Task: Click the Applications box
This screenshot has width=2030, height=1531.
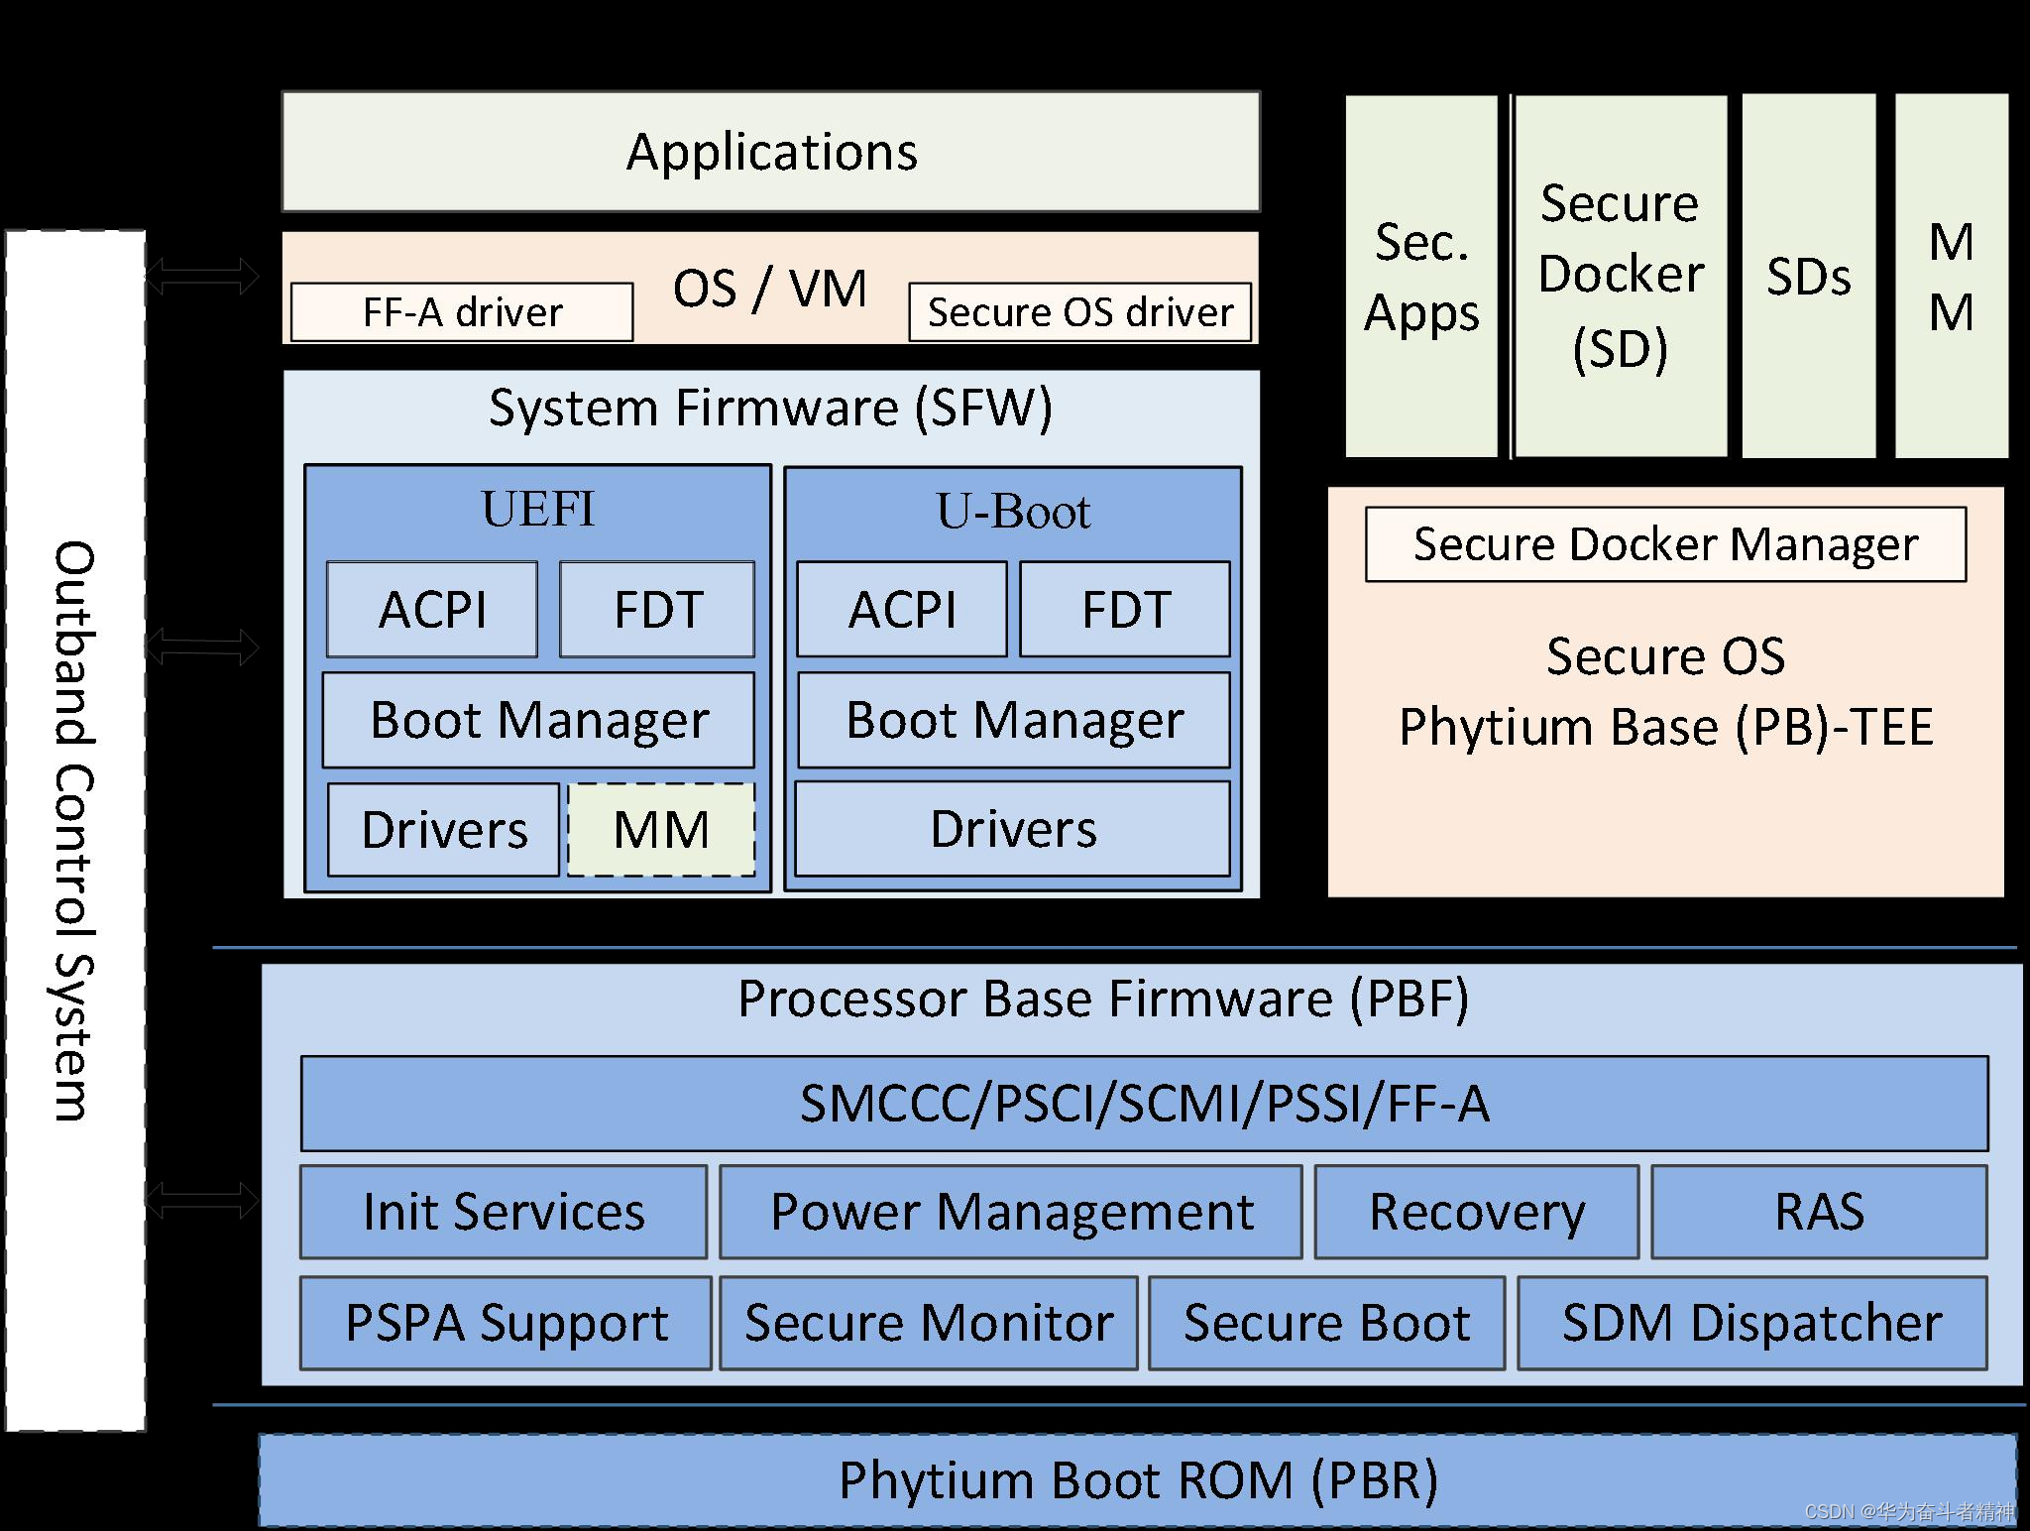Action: click(770, 152)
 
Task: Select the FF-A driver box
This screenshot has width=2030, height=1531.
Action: click(462, 312)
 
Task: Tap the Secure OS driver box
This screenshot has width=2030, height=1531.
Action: click(1079, 312)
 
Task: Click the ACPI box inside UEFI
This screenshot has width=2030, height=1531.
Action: click(432, 609)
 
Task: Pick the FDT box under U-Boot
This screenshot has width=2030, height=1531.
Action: click(1125, 609)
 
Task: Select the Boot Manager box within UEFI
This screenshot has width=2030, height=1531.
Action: click(538, 720)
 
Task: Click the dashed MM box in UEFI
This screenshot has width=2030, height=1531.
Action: click(661, 829)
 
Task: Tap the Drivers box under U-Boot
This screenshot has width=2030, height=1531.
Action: click(1012, 829)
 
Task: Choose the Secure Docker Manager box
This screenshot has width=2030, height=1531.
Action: click(1665, 544)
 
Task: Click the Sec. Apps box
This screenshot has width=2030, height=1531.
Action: click(1420, 277)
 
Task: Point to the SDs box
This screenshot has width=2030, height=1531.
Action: click(1808, 277)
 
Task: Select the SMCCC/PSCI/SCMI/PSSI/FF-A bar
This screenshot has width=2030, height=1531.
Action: click(1144, 1104)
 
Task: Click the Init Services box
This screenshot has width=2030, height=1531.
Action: click(504, 1212)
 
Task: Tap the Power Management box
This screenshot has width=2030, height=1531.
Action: click(1010, 1212)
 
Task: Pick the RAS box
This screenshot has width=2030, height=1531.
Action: click(1819, 1212)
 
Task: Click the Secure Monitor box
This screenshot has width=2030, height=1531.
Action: click(928, 1323)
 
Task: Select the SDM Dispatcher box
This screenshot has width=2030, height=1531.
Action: click(1751, 1323)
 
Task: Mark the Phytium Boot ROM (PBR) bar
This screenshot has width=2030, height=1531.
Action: click(1138, 1479)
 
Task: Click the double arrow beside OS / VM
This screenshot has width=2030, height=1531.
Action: click(202, 276)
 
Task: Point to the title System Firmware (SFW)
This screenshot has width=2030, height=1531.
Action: click(770, 408)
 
